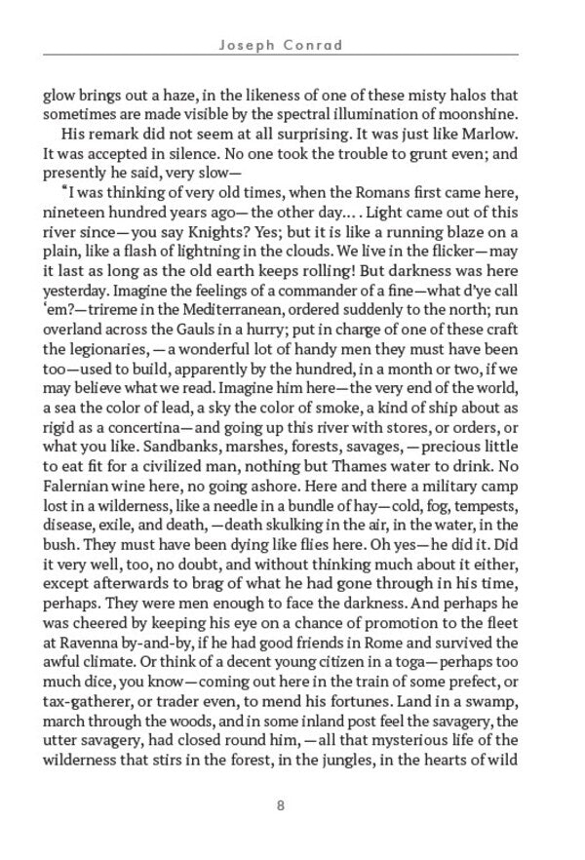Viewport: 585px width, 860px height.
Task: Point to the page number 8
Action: coord(281,805)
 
